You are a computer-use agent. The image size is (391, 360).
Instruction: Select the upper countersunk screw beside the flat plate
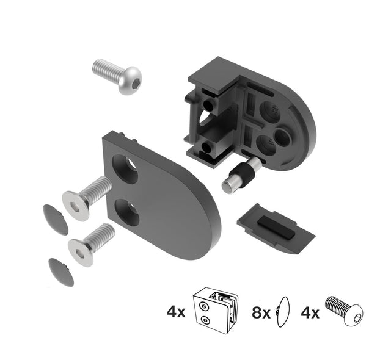coord(86,196)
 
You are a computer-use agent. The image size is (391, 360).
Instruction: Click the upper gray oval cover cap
coord(56,218)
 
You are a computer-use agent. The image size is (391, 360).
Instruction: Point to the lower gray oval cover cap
coord(60,272)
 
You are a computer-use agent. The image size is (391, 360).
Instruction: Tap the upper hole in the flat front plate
coord(126,168)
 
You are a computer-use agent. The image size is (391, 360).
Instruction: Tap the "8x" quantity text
coord(261,313)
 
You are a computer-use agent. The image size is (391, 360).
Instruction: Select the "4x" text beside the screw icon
coord(310,313)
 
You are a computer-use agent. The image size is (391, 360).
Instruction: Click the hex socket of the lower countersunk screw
coord(79,251)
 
